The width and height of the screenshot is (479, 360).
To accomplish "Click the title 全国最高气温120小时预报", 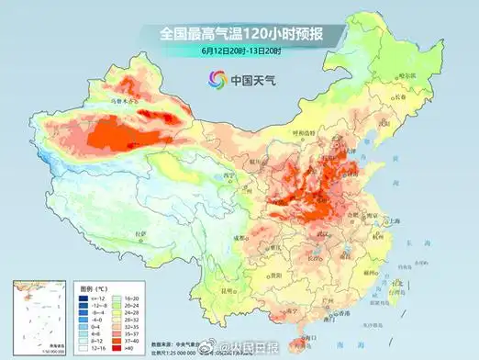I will coord(239,33).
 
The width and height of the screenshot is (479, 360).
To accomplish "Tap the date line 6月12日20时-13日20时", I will coord(239,52).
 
